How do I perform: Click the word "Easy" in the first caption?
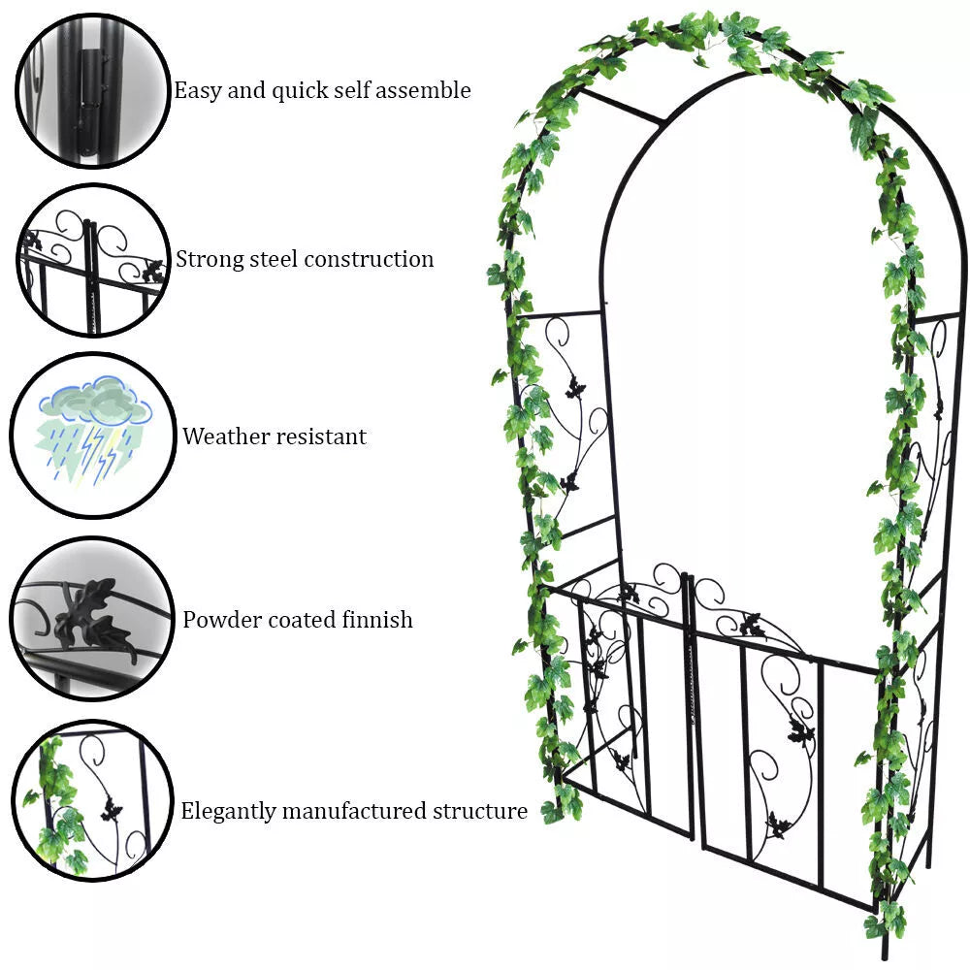pos(196,91)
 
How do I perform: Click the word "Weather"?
pos(226,436)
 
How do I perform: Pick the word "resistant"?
pos(321,436)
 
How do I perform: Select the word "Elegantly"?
pos(230,811)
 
